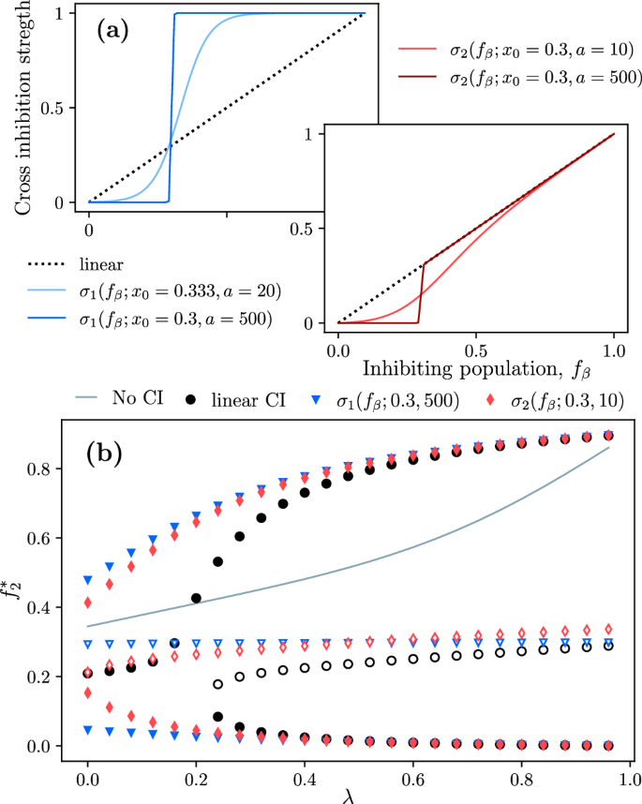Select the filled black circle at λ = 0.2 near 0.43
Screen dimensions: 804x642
point(196,598)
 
